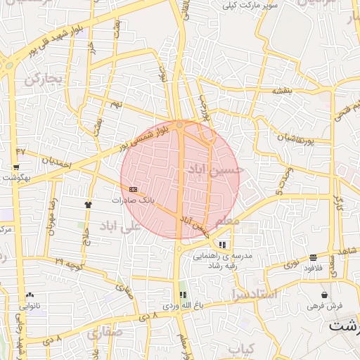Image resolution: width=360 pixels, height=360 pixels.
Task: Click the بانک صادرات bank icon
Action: point(134,189)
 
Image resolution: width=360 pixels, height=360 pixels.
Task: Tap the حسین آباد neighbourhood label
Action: point(216,169)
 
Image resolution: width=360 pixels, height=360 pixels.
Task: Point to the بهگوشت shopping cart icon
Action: point(16,167)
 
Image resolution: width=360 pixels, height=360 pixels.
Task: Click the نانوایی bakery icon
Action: point(30,295)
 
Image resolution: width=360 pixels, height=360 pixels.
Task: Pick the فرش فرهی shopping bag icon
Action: point(324,295)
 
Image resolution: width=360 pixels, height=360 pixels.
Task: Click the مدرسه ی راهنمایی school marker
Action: point(223,245)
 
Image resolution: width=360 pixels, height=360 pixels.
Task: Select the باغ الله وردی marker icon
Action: point(183,295)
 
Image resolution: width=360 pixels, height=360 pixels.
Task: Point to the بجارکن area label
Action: point(44,78)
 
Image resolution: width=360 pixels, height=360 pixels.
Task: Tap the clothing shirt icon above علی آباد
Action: point(88,205)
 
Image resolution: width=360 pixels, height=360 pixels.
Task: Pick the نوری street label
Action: point(290,265)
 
